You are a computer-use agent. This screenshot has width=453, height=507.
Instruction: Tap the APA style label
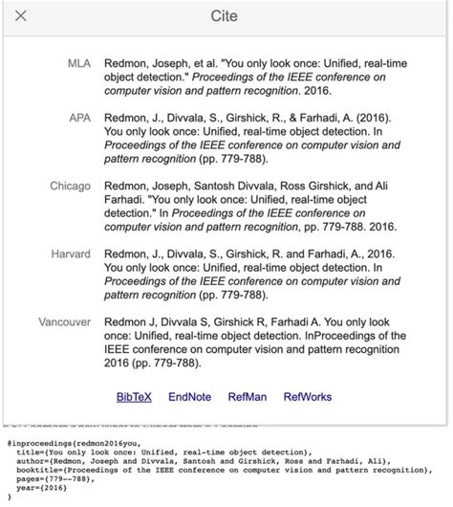coord(79,117)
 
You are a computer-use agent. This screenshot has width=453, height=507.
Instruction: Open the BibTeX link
coord(133,395)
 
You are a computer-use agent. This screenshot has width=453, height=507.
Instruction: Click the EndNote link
coord(188,395)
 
